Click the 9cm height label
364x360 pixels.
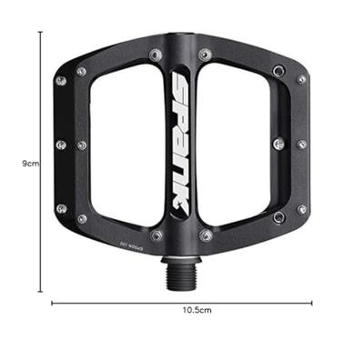[29, 164]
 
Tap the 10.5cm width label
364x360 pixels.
[195, 311]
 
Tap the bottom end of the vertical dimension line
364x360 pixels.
[41, 292]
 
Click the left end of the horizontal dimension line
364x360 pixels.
[52, 303]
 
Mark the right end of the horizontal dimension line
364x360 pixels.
[312, 303]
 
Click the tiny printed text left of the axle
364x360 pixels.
[144, 246]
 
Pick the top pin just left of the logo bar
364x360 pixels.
[157, 55]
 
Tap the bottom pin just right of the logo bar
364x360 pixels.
[207, 235]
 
